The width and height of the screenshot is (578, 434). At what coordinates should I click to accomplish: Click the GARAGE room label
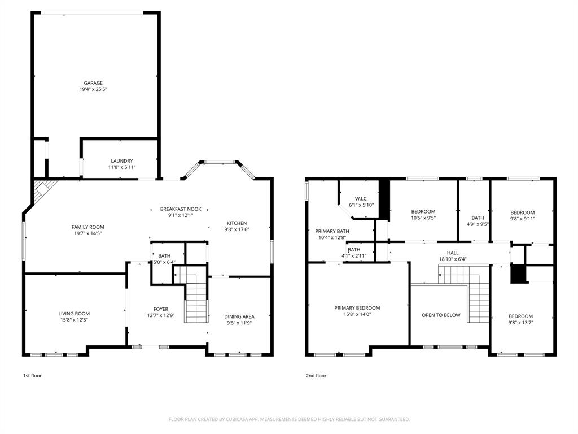tap(93, 83)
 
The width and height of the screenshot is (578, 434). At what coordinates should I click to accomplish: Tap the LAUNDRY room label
tap(122, 160)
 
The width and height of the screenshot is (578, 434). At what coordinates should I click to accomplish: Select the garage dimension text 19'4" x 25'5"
tap(93, 89)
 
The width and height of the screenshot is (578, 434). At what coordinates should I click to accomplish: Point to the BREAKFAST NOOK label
tap(181, 209)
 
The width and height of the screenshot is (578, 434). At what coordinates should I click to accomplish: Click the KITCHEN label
tap(237, 223)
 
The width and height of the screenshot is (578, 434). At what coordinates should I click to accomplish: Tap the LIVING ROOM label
tap(74, 314)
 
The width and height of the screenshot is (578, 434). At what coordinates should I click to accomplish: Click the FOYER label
tap(161, 309)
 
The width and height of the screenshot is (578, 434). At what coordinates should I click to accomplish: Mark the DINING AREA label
tap(239, 316)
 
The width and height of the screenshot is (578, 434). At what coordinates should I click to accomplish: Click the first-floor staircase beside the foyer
tap(196, 302)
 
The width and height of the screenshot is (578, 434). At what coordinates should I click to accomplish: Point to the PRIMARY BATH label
tap(332, 231)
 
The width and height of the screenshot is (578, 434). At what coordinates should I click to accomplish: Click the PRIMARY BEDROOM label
tap(357, 308)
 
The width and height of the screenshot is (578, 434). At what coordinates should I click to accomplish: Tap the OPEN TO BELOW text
tap(441, 315)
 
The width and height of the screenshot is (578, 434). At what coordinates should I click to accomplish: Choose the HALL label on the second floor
tap(453, 253)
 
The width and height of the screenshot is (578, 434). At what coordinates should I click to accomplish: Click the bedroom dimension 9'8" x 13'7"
tap(520, 323)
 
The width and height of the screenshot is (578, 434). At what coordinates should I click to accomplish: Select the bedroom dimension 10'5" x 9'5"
tap(423, 218)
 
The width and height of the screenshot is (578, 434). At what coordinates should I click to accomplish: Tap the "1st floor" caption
tap(32, 376)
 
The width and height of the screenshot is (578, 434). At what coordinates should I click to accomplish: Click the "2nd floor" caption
tap(317, 376)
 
